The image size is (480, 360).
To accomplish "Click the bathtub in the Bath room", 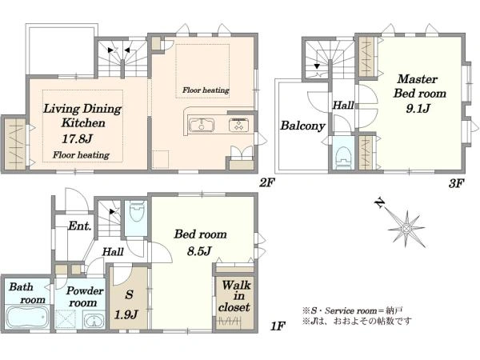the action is tap(27, 317).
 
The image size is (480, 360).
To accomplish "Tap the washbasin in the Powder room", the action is tap(94, 322).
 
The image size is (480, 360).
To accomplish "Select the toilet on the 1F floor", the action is tap(137, 210).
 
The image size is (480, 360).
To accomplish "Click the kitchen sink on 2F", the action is tap(202, 126).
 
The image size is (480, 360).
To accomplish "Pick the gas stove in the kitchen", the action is tap(238, 126).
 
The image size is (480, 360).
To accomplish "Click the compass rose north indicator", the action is tap(380, 202).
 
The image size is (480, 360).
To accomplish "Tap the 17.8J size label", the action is tap(77, 139).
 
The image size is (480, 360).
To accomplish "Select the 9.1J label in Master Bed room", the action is tap(418, 108).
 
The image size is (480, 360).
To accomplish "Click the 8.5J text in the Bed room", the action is tap(199, 251).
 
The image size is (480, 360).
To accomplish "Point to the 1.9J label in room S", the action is tap(126, 314).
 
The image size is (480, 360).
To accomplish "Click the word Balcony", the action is tap(302, 126).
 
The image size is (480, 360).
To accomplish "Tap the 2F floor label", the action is tap(267, 182).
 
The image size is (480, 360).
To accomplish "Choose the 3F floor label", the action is tap(457, 183).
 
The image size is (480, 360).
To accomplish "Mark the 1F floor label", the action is tap(278, 326).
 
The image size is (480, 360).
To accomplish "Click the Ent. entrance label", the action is tap(80, 226).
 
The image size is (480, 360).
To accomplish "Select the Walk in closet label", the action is tap(235, 296).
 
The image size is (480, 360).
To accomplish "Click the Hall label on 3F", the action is tap(343, 106).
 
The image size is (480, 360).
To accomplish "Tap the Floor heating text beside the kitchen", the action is tap(206, 90).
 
